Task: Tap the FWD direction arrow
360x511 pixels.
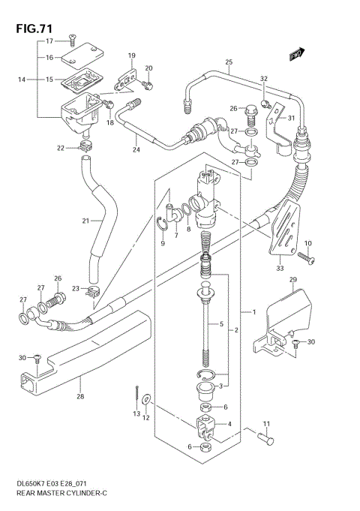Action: [296, 54]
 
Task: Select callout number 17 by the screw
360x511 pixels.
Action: [49, 41]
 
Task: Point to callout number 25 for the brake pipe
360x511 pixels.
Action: [229, 62]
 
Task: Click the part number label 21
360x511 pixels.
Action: [85, 221]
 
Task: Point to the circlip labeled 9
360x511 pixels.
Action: [162, 221]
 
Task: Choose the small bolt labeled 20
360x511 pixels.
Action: [148, 85]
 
